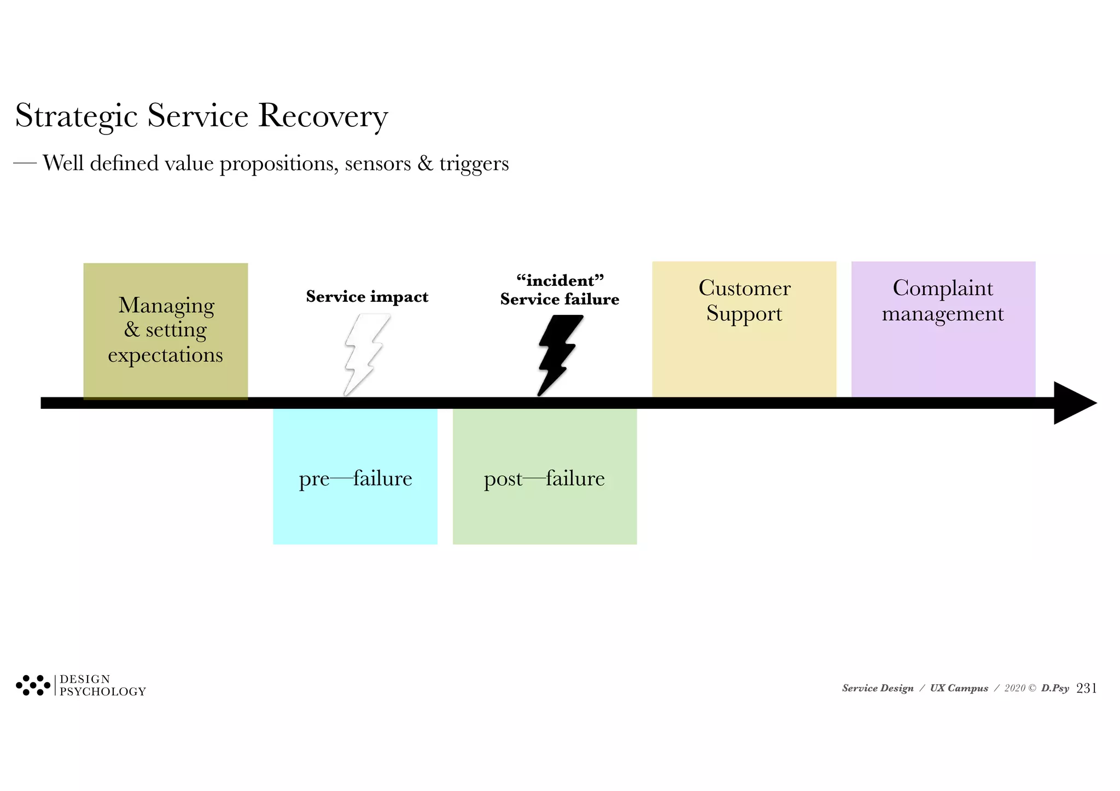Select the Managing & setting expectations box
165,330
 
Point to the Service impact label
367,297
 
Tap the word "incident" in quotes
560,281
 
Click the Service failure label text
559,300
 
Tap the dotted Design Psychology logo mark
33,685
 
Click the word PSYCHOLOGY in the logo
103,692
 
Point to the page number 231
1086,688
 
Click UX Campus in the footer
959,688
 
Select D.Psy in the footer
1054,688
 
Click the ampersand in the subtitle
425,163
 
